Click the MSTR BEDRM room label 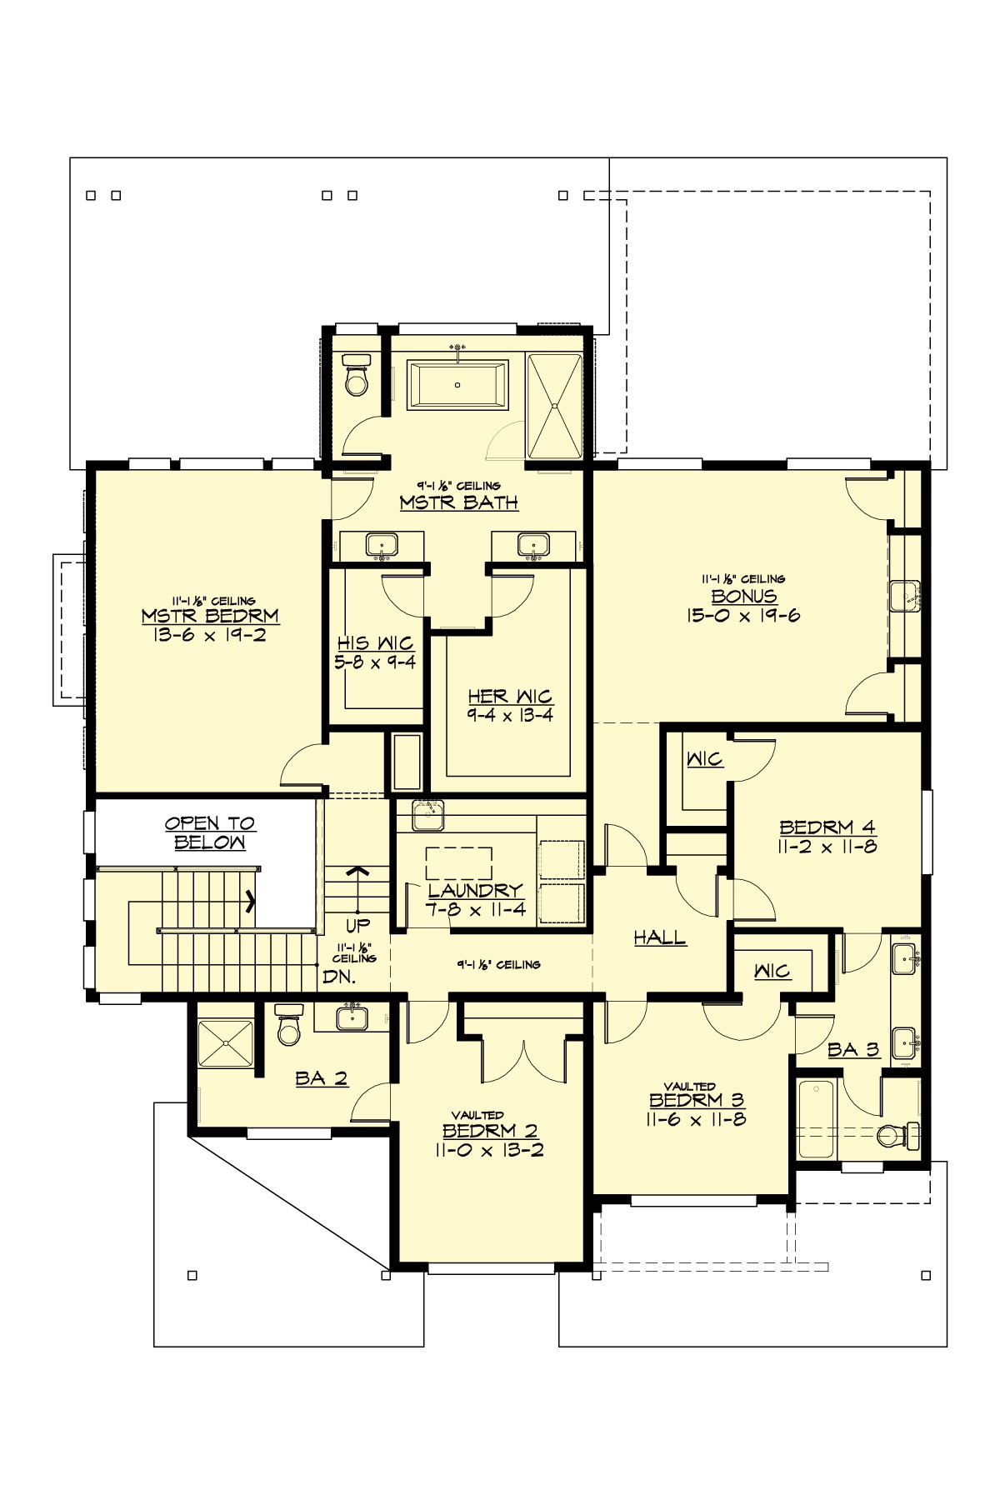(x=210, y=617)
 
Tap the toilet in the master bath (x=356, y=377)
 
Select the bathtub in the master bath (x=457, y=385)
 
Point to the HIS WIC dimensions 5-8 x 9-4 (x=376, y=662)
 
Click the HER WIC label (x=510, y=696)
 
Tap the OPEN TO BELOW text (x=210, y=832)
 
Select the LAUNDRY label (x=476, y=890)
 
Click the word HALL (x=660, y=937)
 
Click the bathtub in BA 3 (x=816, y=1118)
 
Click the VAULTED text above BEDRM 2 (x=477, y=1115)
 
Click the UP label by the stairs (x=357, y=925)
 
